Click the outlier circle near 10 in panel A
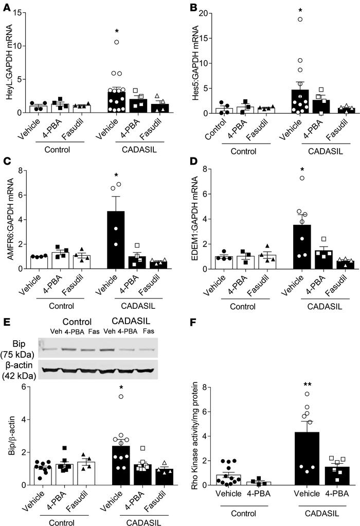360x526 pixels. tap(117, 42)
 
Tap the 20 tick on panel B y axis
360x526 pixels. tap(204, 13)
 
